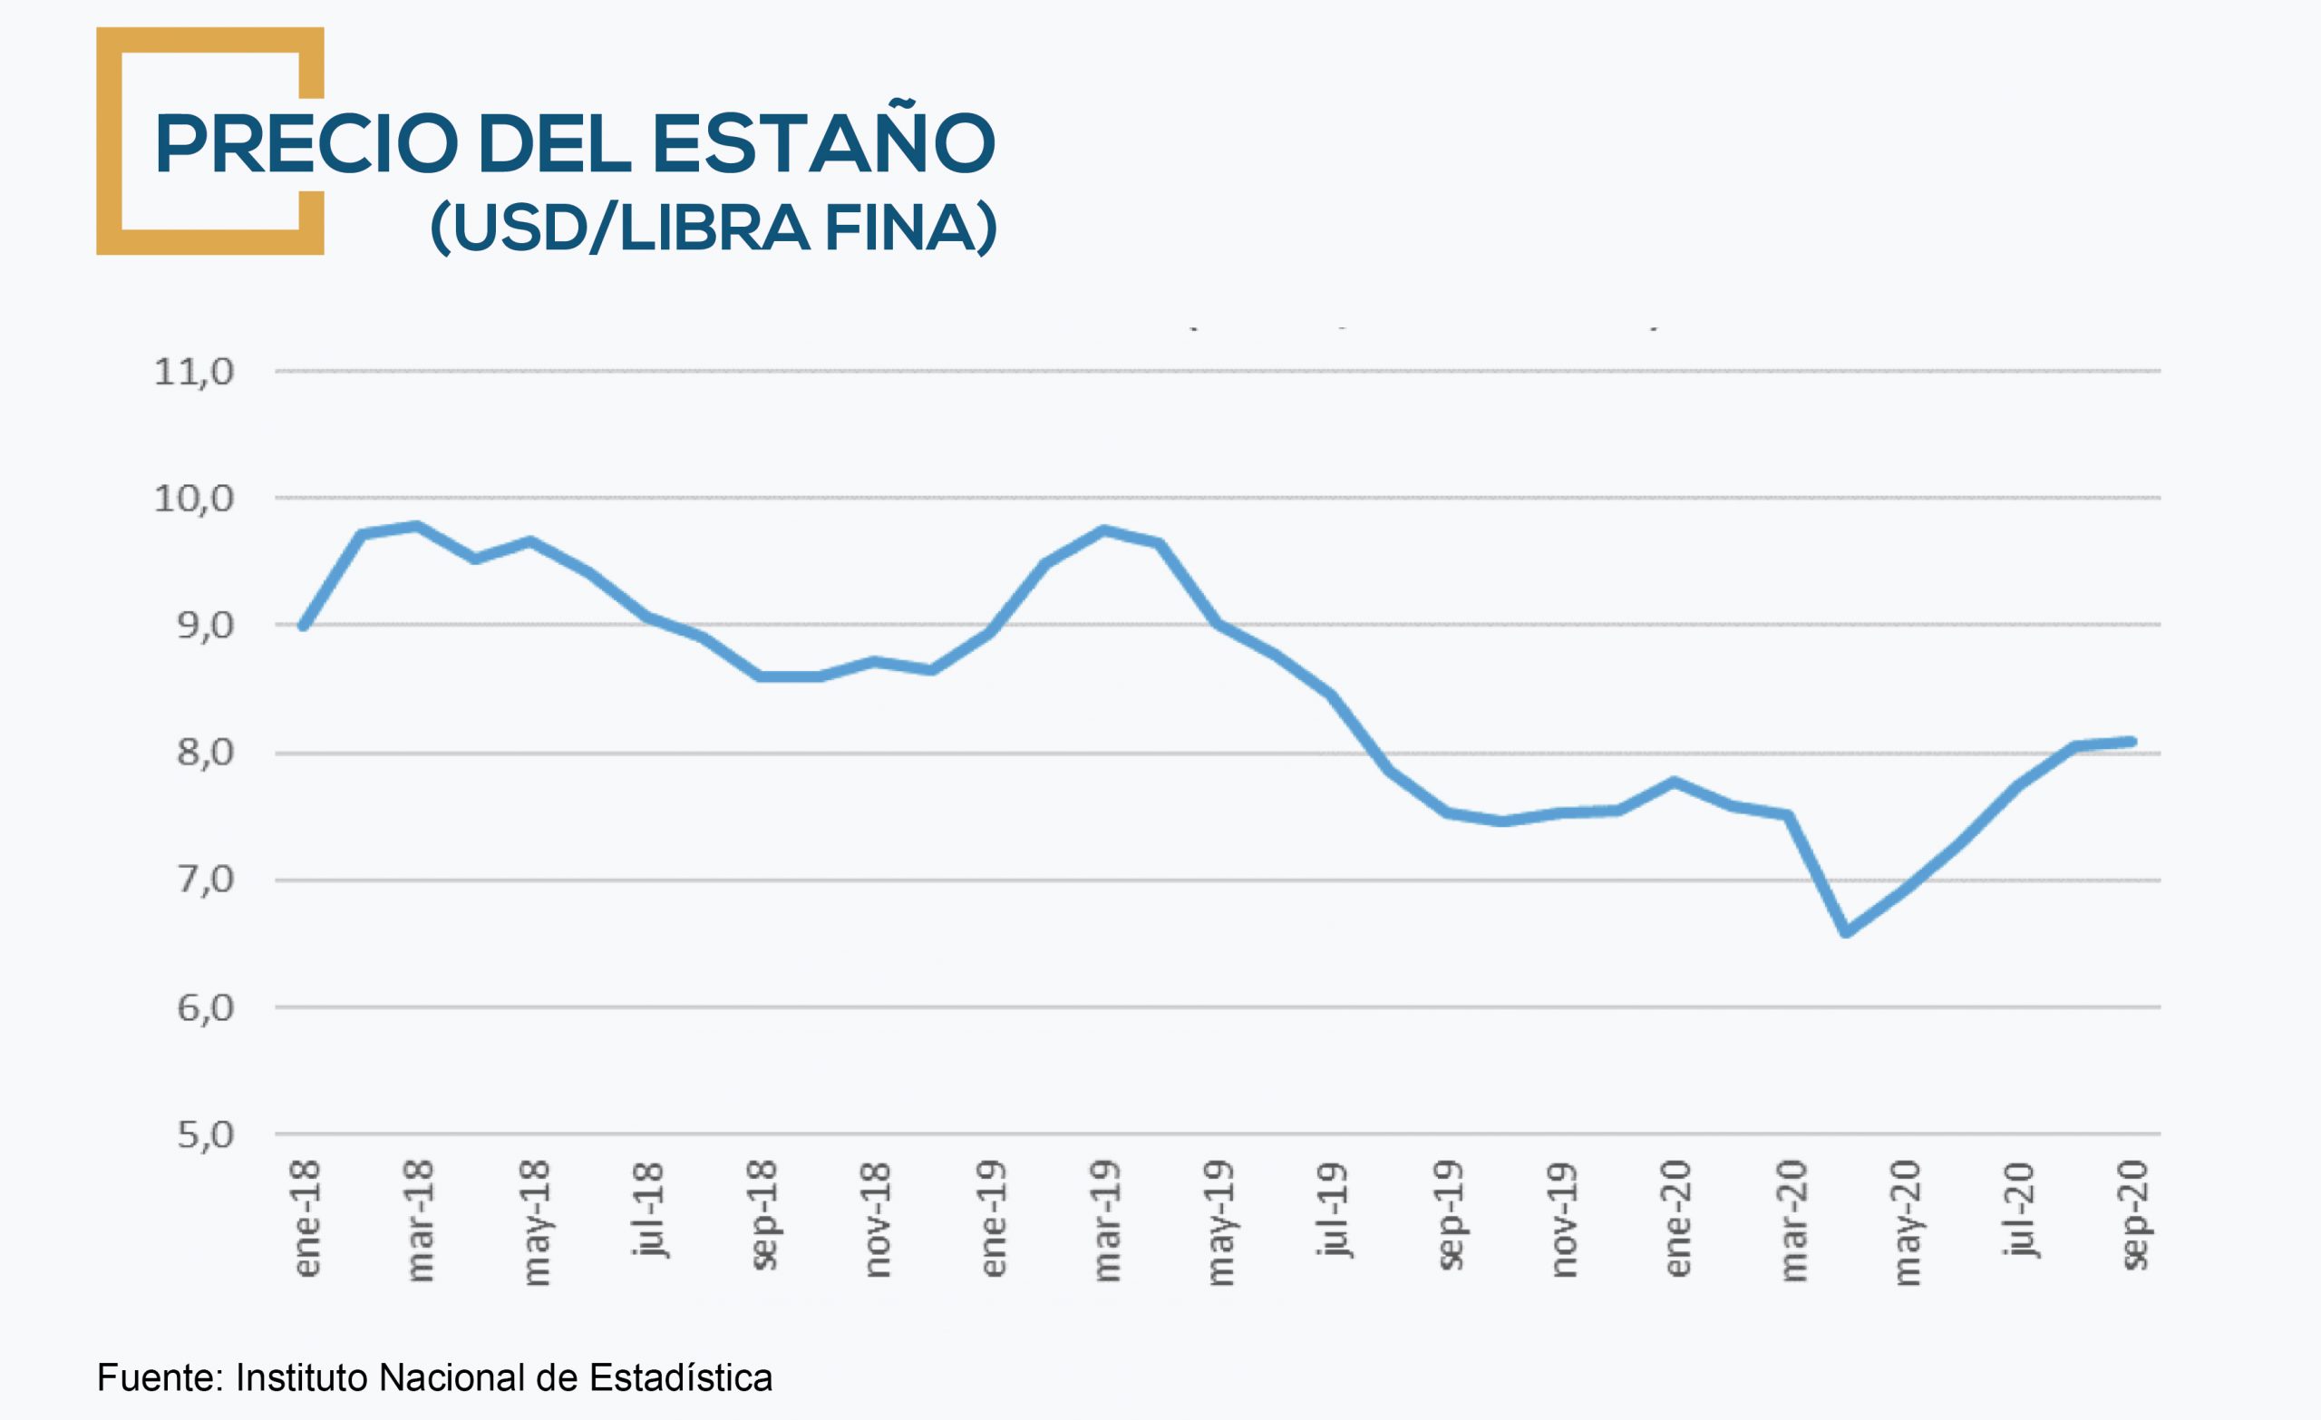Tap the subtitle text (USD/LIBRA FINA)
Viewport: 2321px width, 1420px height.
[x=713, y=227]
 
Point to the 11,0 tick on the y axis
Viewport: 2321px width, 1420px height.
[x=194, y=372]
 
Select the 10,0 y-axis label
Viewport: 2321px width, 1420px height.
[x=194, y=499]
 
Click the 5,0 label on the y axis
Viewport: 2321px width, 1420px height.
[x=205, y=1135]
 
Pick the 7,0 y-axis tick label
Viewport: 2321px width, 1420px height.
[x=205, y=880]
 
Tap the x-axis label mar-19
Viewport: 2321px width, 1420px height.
[x=1107, y=1221]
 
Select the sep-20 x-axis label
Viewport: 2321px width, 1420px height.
[x=2135, y=1216]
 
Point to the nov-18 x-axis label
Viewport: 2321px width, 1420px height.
[x=877, y=1221]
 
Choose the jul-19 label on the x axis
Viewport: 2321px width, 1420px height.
[x=1334, y=1211]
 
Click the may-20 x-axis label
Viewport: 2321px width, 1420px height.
[x=1906, y=1222]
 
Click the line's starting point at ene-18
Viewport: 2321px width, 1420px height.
[x=304, y=626]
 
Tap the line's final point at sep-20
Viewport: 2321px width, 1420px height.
[x=2132, y=742]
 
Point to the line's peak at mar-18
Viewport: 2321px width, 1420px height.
[x=417, y=526]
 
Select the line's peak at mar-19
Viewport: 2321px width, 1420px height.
[x=1103, y=530]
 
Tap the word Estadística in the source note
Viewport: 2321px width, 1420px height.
[x=680, y=1377]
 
